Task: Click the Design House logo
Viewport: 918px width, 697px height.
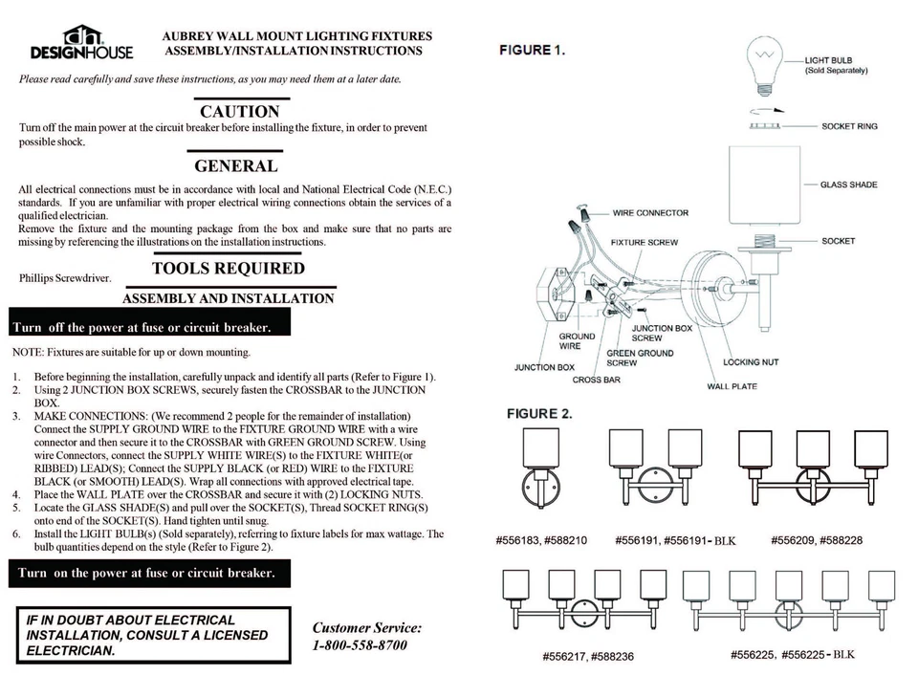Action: (x=81, y=42)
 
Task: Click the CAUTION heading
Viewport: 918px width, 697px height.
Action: (x=239, y=112)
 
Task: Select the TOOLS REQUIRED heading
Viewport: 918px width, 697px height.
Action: (x=228, y=269)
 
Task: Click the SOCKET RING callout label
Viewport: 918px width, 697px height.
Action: (x=849, y=126)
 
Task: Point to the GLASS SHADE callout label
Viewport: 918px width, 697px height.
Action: (x=848, y=185)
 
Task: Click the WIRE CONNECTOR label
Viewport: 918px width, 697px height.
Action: (x=650, y=213)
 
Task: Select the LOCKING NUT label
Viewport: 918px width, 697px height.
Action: (x=751, y=362)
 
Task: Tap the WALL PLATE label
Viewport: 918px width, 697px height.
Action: (x=732, y=386)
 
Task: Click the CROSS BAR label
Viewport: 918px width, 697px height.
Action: (x=597, y=380)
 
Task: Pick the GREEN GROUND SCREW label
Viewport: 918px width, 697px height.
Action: (x=640, y=358)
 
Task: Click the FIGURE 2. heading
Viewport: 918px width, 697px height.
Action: (x=538, y=414)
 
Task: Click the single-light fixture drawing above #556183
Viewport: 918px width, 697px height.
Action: (x=540, y=468)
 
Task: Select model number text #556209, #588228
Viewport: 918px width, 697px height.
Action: (x=816, y=540)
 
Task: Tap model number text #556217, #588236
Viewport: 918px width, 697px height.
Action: (x=587, y=657)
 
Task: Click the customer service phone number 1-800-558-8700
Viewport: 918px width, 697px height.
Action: (x=360, y=645)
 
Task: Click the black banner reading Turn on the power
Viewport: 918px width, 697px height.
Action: (x=147, y=574)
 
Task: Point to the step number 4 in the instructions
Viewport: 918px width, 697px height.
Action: (x=16, y=494)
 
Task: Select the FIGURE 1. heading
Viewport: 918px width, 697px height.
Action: (x=532, y=50)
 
